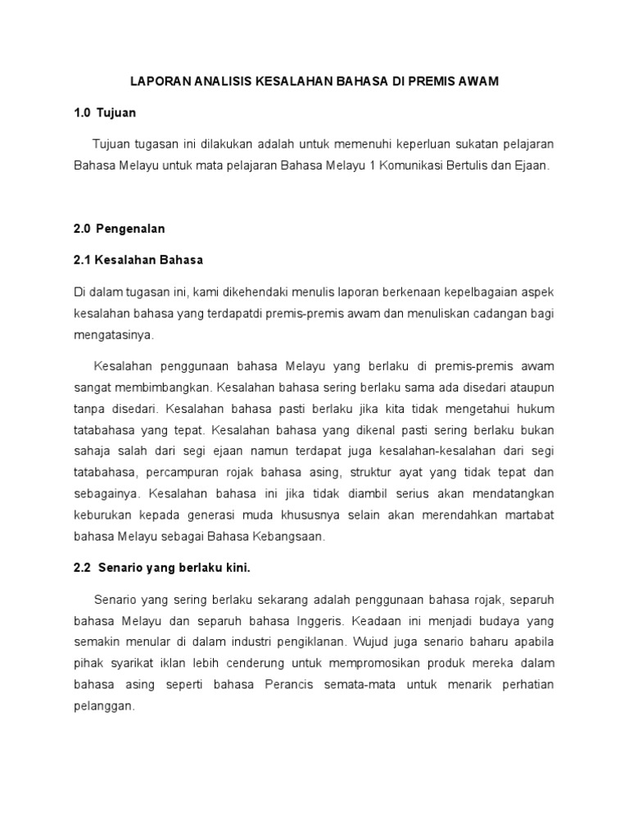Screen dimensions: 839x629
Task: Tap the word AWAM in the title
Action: (x=477, y=82)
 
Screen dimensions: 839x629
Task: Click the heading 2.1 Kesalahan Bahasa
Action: (x=138, y=260)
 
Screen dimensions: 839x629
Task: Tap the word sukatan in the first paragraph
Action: (x=461, y=143)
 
